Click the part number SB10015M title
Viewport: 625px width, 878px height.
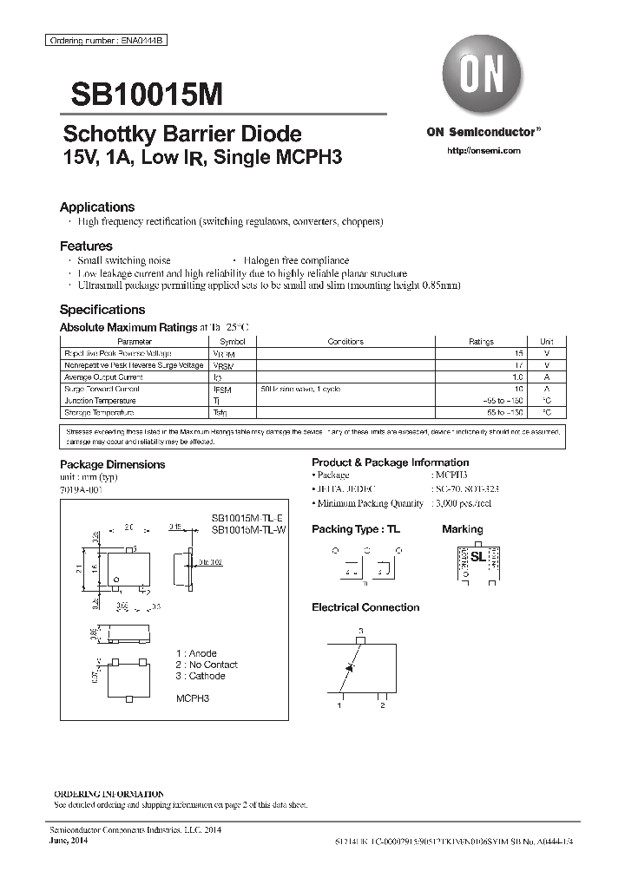(x=141, y=93)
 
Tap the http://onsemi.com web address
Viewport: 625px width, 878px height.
(x=482, y=150)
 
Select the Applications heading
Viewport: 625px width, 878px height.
(x=96, y=207)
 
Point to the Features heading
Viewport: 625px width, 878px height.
(x=86, y=246)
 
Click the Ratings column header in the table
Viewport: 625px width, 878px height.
(x=481, y=342)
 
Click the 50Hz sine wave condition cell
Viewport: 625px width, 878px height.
(x=300, y=389)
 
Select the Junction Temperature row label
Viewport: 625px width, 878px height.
(x=100, y=401)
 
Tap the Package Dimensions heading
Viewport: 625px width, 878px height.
(x=112, y=464)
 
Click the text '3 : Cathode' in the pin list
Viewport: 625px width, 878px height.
(x=201, y=676)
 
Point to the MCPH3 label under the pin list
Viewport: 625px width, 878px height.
(x=193, y=698)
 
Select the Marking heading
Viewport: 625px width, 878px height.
(x=462, y=529)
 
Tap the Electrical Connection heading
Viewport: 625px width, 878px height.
(x=365, y=607)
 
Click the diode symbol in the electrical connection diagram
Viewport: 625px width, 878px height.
(x=349, y=666)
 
